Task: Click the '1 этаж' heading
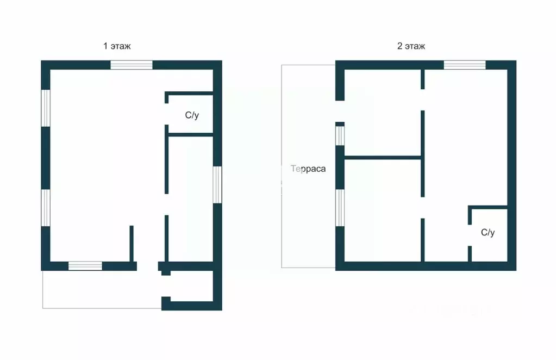[x=117, y=46]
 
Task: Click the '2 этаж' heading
[x=411, y=46]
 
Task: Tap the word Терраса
[x=308, y=169]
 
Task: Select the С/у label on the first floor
[x=192, y=115]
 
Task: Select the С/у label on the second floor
[x=488, y=232]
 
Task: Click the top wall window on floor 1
[x=132, y=65]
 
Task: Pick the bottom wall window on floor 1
[x=85, y=266]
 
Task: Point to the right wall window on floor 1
[x=217, y=185]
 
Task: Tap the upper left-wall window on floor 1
[x=46, y=108]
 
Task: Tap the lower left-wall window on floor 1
[x=46, y=208]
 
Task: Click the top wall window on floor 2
[x=465, y=65]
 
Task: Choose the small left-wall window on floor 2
[x=340, y=136]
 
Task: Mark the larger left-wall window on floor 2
[x=340, y=208]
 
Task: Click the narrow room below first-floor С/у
[x=191, y=199]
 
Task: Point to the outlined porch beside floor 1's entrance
[x=102, y=289]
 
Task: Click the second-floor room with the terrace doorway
[x=383, y=113]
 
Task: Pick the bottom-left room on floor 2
[x=383, y=210]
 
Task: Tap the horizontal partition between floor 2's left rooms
[x=383, y=158]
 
